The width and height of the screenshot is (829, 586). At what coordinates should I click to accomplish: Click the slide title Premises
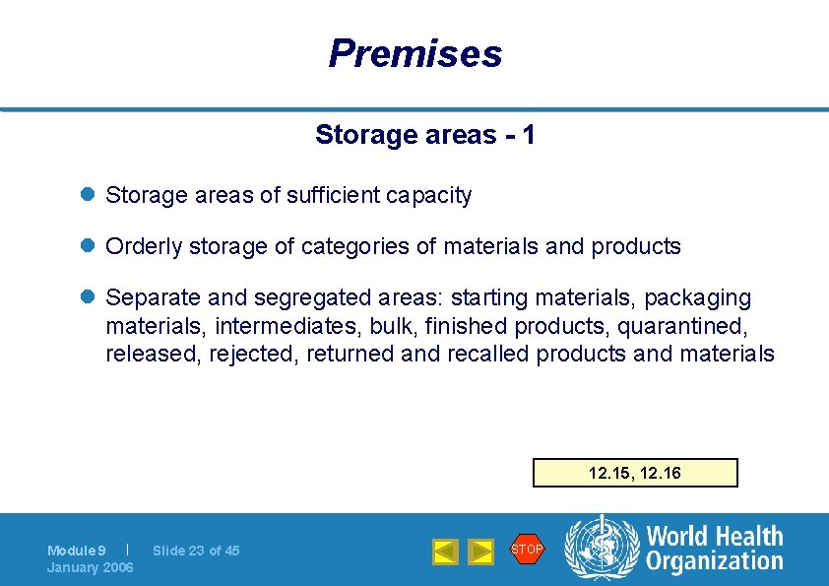(x=414, y=53)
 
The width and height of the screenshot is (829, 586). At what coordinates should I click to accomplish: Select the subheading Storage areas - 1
(x=424, y=135)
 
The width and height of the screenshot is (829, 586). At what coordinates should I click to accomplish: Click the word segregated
(x=319, y=297)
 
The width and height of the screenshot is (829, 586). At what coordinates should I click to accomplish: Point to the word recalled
(x=488, y=354)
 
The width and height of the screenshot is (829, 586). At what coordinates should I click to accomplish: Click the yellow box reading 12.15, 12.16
(x=635, y=473)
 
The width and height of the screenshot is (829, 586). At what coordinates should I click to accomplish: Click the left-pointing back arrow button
(x=446, y=552)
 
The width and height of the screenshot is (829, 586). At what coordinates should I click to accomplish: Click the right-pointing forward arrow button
(x=480, y=552)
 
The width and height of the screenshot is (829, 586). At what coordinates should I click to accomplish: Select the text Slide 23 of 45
(x=196, y=551)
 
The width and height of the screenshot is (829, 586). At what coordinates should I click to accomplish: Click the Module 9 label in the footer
(x=76, y=551)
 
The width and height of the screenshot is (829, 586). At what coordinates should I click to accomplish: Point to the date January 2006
(x=90, y=567)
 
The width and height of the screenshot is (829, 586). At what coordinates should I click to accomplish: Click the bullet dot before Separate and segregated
(x=88, y=297)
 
